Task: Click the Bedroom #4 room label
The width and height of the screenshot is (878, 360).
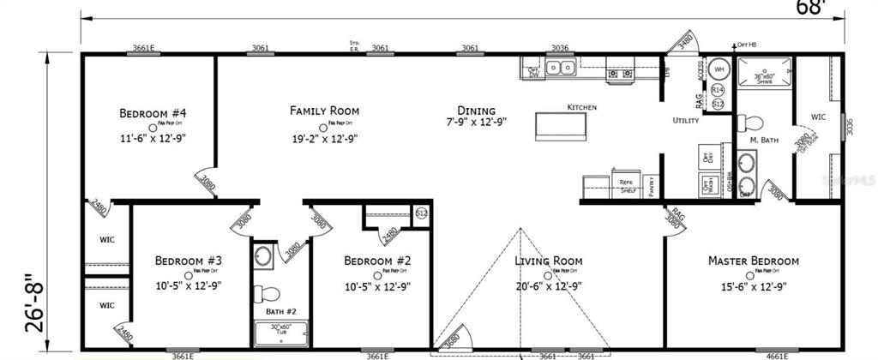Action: tap(153, 113)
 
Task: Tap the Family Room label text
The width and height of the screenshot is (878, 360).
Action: tap(324, 111)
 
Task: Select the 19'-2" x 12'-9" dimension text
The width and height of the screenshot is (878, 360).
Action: tap(324, 137)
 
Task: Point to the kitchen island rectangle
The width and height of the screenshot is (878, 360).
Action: tap(562, 125)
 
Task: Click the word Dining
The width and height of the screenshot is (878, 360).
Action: tap(476, 111)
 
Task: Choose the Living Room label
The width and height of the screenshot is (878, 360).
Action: tap(548, 261)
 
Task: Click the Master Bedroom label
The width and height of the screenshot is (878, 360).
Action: tap(753, 261)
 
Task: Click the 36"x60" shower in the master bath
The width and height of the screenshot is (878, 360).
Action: tap(764, 73)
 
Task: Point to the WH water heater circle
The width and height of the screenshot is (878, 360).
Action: tap(719, 69)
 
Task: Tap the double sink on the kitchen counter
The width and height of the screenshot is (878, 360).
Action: tap(561, 68)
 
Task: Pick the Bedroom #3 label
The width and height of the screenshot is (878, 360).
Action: tap(189, 261)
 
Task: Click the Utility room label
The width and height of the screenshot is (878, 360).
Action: tap(686, 121)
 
